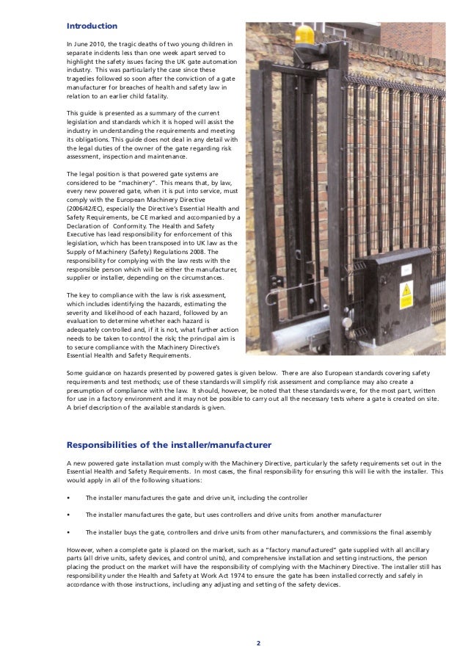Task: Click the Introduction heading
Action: pos(92,26)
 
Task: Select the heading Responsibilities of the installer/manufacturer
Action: pos(169,445)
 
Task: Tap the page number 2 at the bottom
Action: pos(257,643)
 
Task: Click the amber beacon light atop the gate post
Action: pos(304,35)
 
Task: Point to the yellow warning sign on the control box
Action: pos(406,294)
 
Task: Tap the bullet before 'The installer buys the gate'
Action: pos(68,533)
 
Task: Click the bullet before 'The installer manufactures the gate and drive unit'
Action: pos(68,498)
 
